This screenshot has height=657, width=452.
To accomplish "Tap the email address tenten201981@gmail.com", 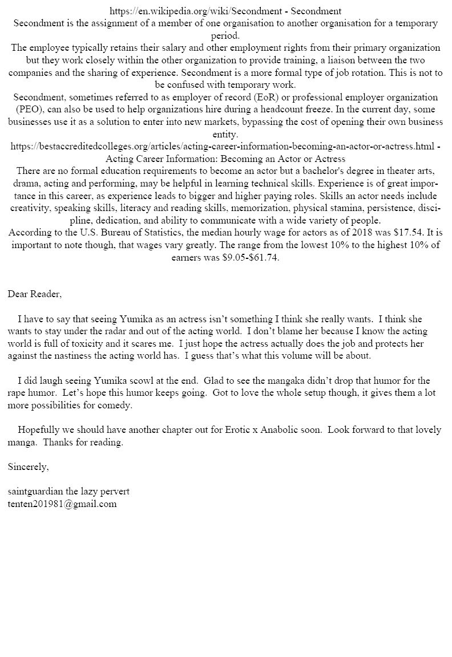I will click(62, 504).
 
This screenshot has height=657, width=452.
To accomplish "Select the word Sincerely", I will click(28, 467).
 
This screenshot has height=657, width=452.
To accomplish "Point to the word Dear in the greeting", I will click(18, 294).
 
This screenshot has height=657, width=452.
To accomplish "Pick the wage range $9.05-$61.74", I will click(249, 257).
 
